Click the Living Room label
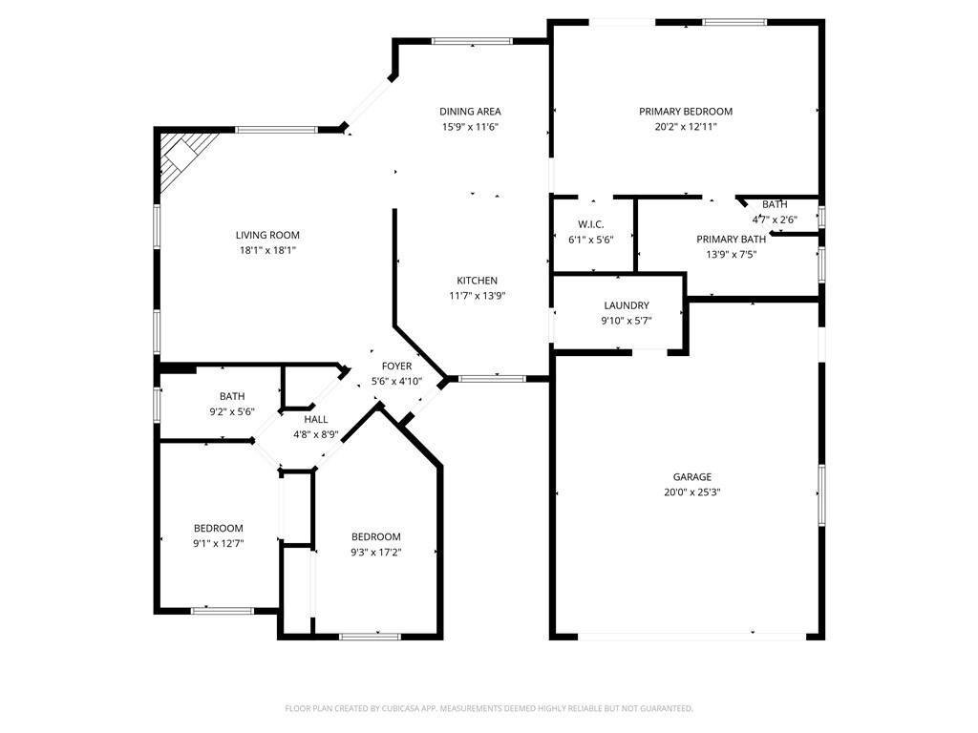point(267,235)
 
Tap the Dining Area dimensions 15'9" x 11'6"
point(470,127)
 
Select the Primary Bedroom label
point(686,112)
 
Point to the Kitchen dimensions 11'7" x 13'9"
point(478,296)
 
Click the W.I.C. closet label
point(590,224)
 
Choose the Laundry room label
point(627,305)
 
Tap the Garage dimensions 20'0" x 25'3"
point(692,492)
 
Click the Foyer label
point(396,366)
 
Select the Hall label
point(315,420)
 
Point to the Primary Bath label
point(731,240)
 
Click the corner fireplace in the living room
point(184,159)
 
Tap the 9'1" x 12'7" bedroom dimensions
point(219,543)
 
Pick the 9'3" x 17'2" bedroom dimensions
point(375,553)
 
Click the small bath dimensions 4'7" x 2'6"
point(775,220)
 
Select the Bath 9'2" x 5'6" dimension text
point(232,411)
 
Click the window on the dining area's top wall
point(472,42)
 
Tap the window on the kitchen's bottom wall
point(492,378)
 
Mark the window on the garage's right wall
point(822,495)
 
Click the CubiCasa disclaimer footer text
point(489,708)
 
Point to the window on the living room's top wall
point(276,130)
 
